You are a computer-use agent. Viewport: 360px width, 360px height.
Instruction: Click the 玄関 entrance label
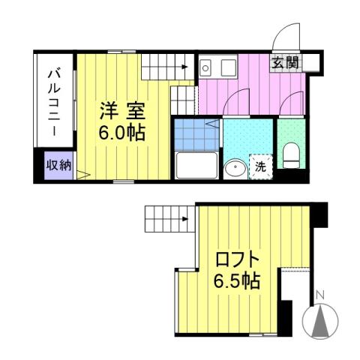[x=285, y=63]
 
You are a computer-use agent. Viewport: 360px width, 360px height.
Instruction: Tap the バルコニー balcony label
[x=54, y=102]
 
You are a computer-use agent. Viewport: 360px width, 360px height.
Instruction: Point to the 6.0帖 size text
[x=122, y=133]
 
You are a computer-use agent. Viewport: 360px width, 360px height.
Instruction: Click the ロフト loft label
[x=238, y=261]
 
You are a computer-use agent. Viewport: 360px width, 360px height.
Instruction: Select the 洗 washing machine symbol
[x=259, y=166]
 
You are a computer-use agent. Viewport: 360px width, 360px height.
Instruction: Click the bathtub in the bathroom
[x=196, y=165]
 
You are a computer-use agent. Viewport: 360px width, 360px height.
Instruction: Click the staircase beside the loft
[x=165, y=219]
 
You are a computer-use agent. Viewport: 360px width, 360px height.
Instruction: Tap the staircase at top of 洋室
[x=166, y=68]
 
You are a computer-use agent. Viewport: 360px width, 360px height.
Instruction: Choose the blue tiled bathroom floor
[x=196, y=134]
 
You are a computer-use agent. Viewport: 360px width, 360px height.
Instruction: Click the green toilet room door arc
[x=292, y=103]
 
